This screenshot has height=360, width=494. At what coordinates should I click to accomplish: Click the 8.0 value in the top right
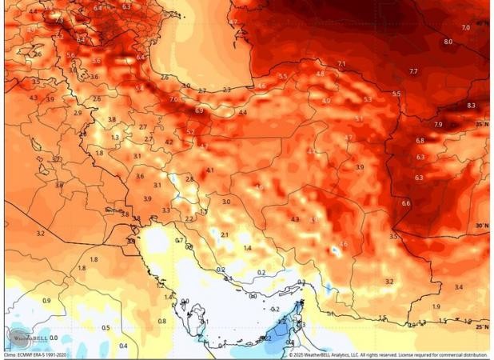(448, 42)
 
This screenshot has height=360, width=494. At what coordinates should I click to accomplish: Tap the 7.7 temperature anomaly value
(412, 72)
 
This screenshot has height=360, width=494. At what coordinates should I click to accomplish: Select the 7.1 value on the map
(341, 63)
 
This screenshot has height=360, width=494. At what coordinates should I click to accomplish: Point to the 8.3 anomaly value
(471, 106)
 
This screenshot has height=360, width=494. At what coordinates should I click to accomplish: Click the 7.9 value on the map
(437, 125)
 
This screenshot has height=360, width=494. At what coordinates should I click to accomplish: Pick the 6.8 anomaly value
(420, 141)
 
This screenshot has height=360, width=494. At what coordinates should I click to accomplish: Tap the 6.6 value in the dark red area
(405, 203)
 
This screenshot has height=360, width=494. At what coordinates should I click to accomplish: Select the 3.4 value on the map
(458, 286)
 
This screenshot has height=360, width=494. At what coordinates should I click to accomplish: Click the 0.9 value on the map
(46, 301)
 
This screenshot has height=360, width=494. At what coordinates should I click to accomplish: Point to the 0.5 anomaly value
(106, 328)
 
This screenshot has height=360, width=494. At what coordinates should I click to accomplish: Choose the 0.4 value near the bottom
(122, 346)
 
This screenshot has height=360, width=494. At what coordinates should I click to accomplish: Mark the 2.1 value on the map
(225, 234)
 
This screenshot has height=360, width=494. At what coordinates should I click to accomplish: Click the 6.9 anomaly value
(199, 110)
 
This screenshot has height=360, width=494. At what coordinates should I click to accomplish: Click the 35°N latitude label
(480, 125)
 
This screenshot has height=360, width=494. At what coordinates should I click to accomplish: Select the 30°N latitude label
(480, 226)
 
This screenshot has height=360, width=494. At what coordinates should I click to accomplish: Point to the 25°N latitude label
(480, 326)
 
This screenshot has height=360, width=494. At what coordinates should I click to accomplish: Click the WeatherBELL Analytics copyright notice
(388, 355)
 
